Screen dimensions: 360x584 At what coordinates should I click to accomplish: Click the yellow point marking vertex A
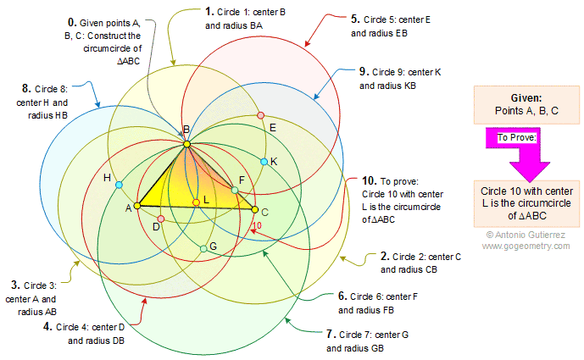(x=137, y=205)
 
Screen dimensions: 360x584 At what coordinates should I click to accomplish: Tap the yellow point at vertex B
(x=186, y=145)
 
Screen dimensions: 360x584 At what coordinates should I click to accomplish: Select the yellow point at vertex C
(x=254, y=209)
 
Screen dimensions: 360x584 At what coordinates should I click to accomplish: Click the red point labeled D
(x=160, y=219)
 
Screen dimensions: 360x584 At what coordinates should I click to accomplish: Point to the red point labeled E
(x=261, y=114)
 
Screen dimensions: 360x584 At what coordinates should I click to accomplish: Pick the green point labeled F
(x=236, y=190)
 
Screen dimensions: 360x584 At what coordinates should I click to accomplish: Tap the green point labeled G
(x=203, y=248)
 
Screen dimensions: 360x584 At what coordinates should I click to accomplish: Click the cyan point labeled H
(x=119, y=184)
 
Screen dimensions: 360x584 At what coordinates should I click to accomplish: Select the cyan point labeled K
(x=264, y=161)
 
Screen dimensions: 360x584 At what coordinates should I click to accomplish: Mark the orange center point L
(x=196, y=202)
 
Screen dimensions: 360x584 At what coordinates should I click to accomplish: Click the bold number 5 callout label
(x=354, y=17)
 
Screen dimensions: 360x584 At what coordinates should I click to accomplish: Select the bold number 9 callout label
(x=363, y=71)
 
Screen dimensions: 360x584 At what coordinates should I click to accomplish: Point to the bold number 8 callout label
(x=27, y=87)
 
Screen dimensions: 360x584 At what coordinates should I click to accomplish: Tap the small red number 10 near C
(x=258, y=224)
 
